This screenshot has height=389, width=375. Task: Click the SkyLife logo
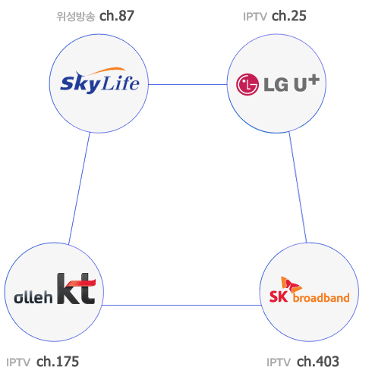pyautogui.click(x=99, y=81)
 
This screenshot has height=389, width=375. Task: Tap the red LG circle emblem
pyautogui.click(x=247, y=84)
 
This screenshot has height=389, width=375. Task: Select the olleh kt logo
pyautogui.click(x=55, y=289)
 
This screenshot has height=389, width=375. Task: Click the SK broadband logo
pyautogui.click(x=309, y=290)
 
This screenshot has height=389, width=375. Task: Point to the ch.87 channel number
pyautogui.click(x=117, y=16)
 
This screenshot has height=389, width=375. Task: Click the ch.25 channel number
pyautogui.click(x=289, y=16)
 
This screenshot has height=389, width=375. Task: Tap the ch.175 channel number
pyautogui.click(x=58, y=362)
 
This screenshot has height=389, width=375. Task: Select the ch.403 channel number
pyautogui.click(x=318, y=362)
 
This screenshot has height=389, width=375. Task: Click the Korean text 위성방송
pyautogui.click(x=76, y=17)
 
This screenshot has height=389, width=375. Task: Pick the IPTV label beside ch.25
pyautogui.click(x=255, y=17)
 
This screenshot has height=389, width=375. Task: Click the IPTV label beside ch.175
pyautogui.click(x=18, y=362)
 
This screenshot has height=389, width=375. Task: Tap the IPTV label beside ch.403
pyautogui.click(x=279, y=362)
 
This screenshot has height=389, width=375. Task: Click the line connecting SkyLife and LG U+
pyautogui.click(x=187, y=84)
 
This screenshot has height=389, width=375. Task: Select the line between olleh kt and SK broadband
pyautogui.click(x=181, y=305)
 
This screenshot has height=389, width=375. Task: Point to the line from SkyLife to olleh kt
pyautogui.click(x=79, y=188)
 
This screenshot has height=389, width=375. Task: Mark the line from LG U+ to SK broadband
pyautogui.click(x=298, y=187)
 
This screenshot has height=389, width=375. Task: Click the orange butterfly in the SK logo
pyautogui.click(x=291, y=284)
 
